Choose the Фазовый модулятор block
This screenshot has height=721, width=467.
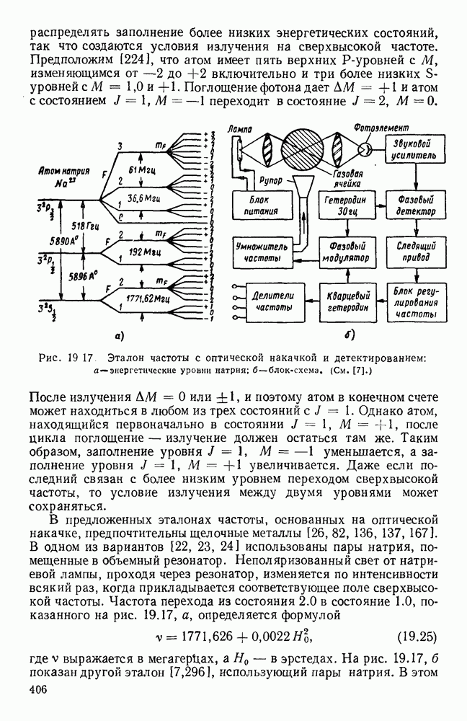(346, 252)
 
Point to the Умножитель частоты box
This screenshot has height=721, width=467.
(261, 252)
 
